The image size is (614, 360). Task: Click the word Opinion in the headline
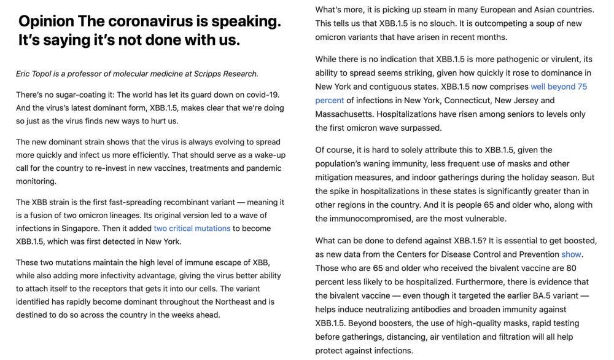(45, 22)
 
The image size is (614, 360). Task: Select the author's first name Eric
(24, 74)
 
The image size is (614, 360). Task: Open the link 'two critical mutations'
(192, 228)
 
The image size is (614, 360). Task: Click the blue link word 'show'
(571, 254)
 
